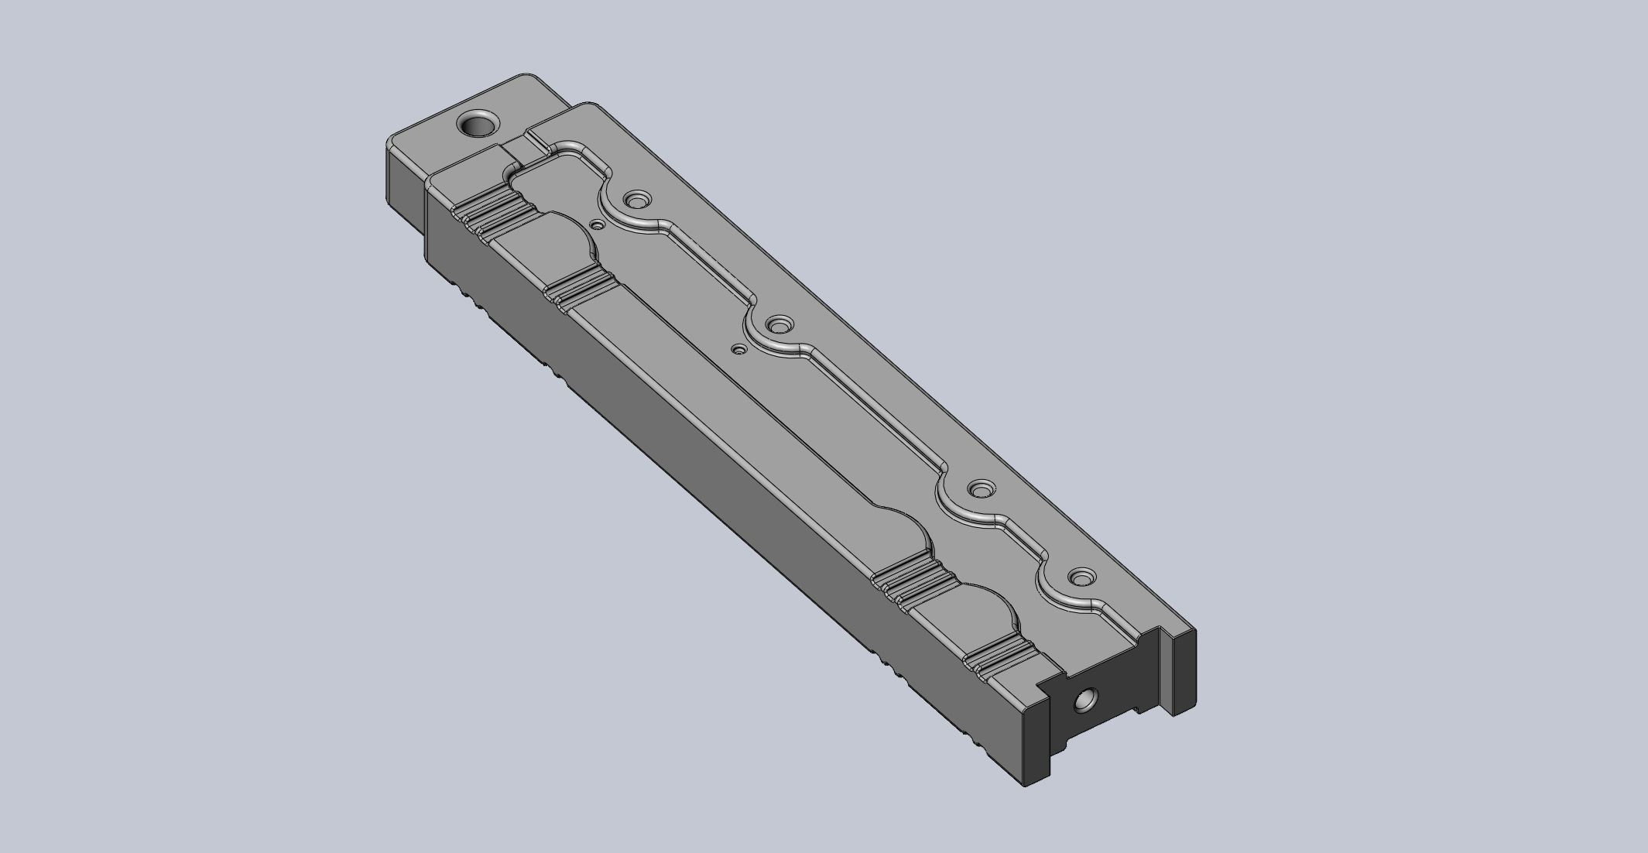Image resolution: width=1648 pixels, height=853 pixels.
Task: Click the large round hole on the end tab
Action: point(477,123)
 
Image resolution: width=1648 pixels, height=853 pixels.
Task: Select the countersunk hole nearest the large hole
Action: point(637,200)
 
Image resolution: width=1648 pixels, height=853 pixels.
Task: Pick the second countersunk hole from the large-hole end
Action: point(778,322)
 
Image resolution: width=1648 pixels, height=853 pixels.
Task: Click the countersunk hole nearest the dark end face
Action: point(1081,577)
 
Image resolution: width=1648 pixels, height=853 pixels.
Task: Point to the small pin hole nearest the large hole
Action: point(597,225)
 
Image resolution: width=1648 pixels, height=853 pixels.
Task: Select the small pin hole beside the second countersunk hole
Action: point(739,350)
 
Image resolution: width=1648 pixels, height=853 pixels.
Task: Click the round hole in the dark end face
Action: point(1084,701)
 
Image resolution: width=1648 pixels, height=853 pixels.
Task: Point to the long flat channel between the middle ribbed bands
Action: point(735,426)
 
